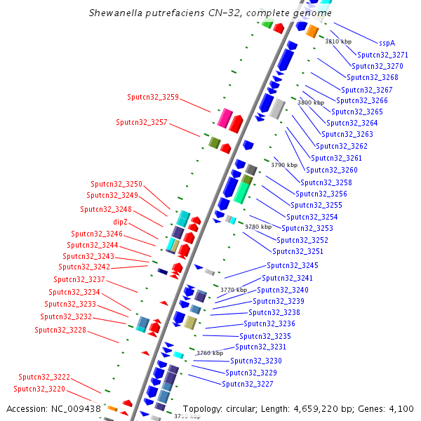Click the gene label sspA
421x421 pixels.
(387, 42)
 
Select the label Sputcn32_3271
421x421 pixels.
(382, 55)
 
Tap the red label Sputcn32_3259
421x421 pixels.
(153, 97)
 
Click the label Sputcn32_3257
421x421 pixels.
(142, 122)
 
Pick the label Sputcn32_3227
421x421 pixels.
(248, 384)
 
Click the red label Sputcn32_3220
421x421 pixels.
(39, 388)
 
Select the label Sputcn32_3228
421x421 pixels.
(60, 330)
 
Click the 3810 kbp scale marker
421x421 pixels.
(338, 41)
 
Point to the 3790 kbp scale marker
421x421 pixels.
(284, 164)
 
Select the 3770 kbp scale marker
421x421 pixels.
(234, 289)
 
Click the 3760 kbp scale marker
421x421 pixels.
(209, 353)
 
